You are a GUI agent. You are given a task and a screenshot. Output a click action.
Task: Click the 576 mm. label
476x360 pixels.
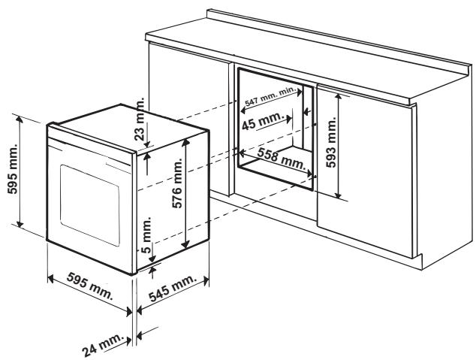[177, 199]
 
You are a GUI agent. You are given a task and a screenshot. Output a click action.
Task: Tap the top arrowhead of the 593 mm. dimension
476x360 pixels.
[340, 97]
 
